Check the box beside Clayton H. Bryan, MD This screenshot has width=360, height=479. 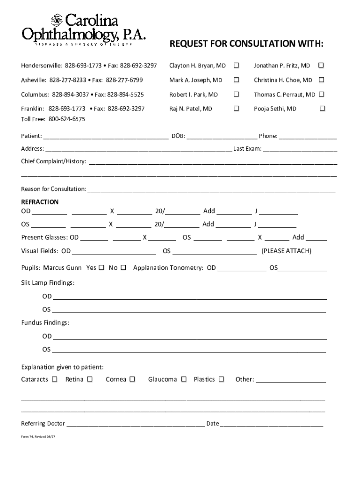[x=237, y=65]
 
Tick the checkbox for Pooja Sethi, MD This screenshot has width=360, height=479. [x=322, y=109]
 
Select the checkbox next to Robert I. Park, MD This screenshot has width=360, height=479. [x=237, y=94]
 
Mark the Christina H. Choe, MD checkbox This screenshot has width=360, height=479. [x=322, y=80]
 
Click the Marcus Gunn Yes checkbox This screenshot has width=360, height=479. [x=101, y=268]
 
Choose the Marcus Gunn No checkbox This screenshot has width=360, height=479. [x=123, y=268]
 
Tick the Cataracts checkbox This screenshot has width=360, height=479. [x=55, y=379]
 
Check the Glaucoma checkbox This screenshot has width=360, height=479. [x=184, y=379]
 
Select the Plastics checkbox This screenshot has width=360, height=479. [x=221, y=379]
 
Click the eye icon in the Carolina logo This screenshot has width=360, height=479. [x=57, y=20]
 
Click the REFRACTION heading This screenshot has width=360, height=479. [x=40, y=202]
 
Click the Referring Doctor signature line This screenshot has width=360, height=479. [x=136, y=425]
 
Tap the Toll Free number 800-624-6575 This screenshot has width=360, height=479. [x=66, y=119]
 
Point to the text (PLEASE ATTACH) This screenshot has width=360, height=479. [x=286, y=251]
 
